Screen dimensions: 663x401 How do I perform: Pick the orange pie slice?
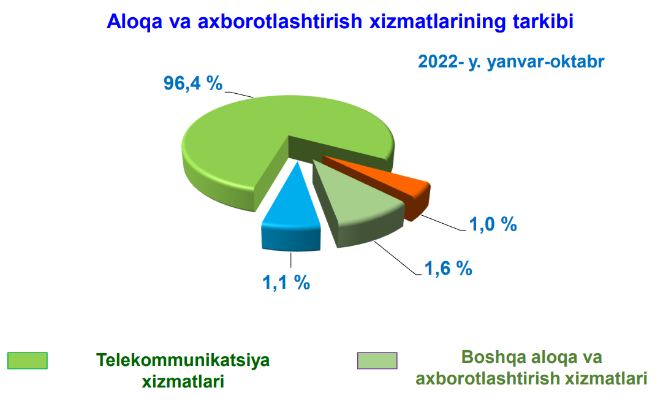pyautogui.click(x=393, y=182)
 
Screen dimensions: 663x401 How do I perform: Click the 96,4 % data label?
pyautogui.click(x=193, y=83)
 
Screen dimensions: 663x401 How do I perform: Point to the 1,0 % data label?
pyautogui.click(x=493, y=224)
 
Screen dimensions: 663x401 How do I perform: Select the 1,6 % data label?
pyautogui.click(x=448, y=268)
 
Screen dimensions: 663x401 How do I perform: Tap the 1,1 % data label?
pyautogui.click(x=286, y=282)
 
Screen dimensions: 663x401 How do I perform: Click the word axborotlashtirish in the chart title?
pyautogui.click(x=280, y=21)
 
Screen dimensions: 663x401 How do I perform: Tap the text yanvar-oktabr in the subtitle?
pyautogui.click(x=546, y=62)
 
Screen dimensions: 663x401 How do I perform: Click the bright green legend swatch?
pyautogui.click(x=28, y=361)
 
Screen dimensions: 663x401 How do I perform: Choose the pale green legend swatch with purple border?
pyautogui.click(x=377, y=361)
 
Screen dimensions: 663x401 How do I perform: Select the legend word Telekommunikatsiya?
pyautogui.click(x=183, y=361)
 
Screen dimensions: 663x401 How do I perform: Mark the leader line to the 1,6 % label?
pyautogui.click(x=396, y=258)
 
